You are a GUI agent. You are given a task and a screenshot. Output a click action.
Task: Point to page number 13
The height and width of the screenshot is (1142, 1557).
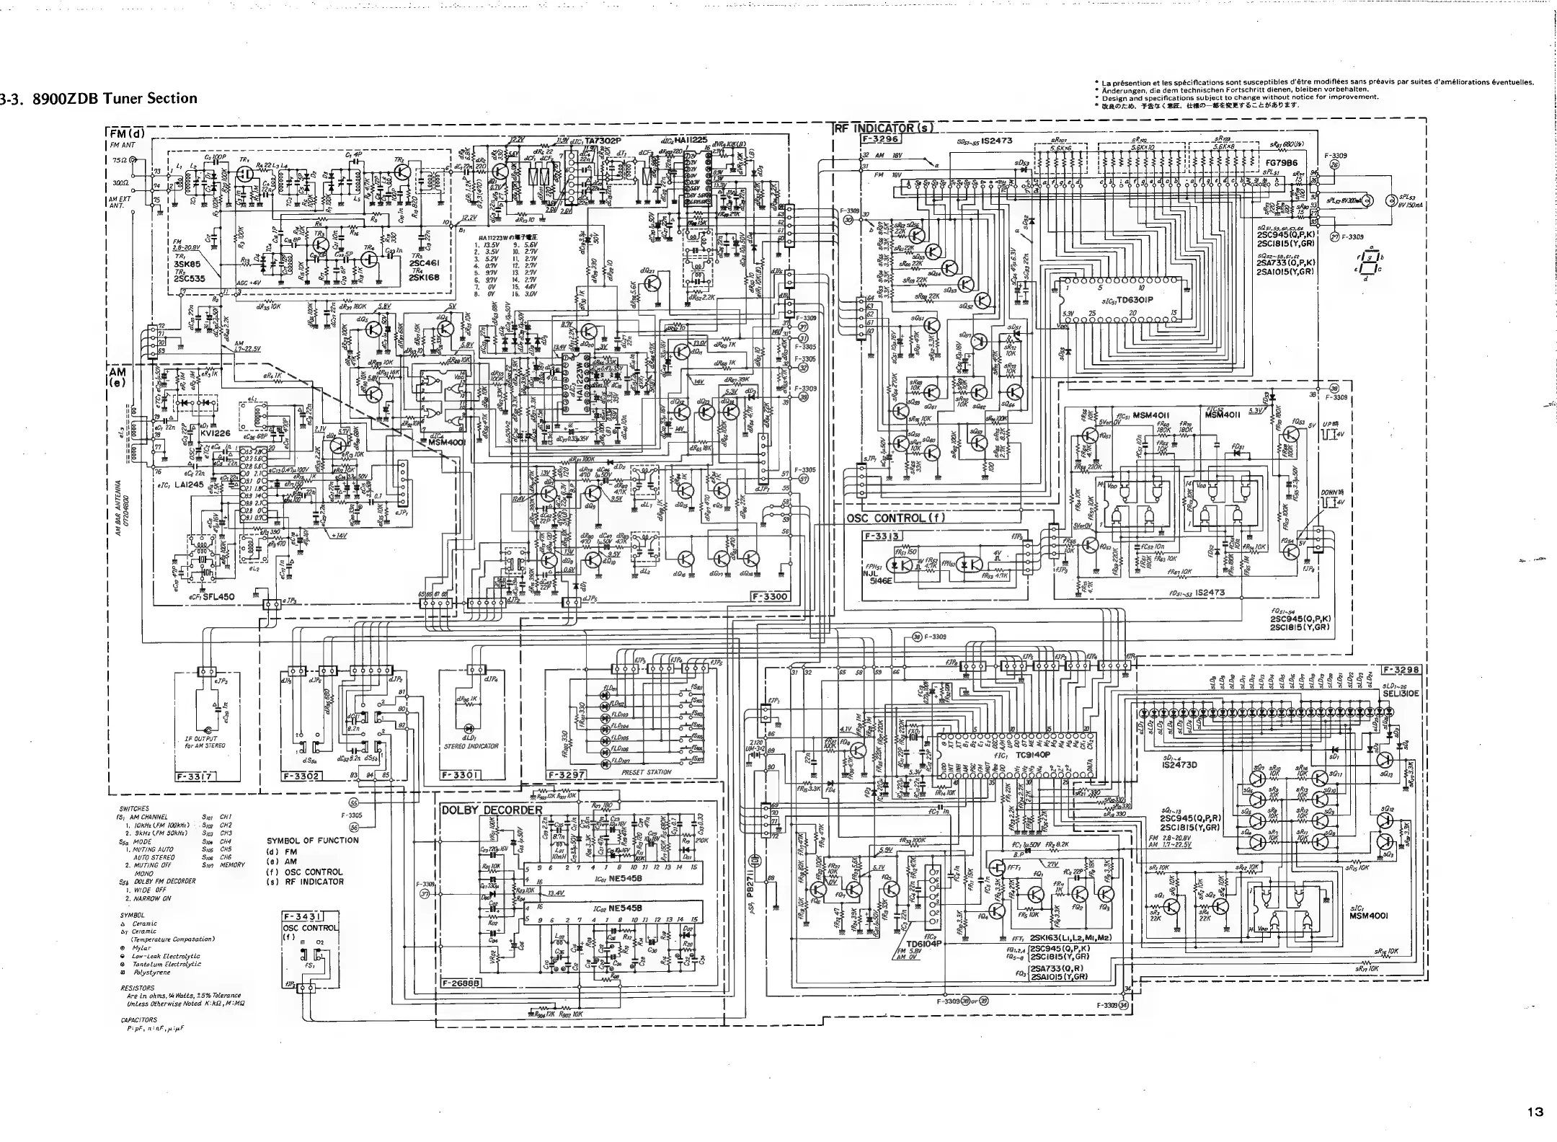coord(1535,1112)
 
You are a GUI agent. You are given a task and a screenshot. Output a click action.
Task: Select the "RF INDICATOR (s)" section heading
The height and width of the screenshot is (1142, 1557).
coord(884,130)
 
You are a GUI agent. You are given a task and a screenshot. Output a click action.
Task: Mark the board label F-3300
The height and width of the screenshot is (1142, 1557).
coord(771,597)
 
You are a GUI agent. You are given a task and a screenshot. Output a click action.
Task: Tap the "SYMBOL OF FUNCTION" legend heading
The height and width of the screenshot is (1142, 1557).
coord(312,840)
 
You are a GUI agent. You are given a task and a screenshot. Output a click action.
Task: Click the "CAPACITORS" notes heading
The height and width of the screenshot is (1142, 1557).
coord(138,1019)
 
